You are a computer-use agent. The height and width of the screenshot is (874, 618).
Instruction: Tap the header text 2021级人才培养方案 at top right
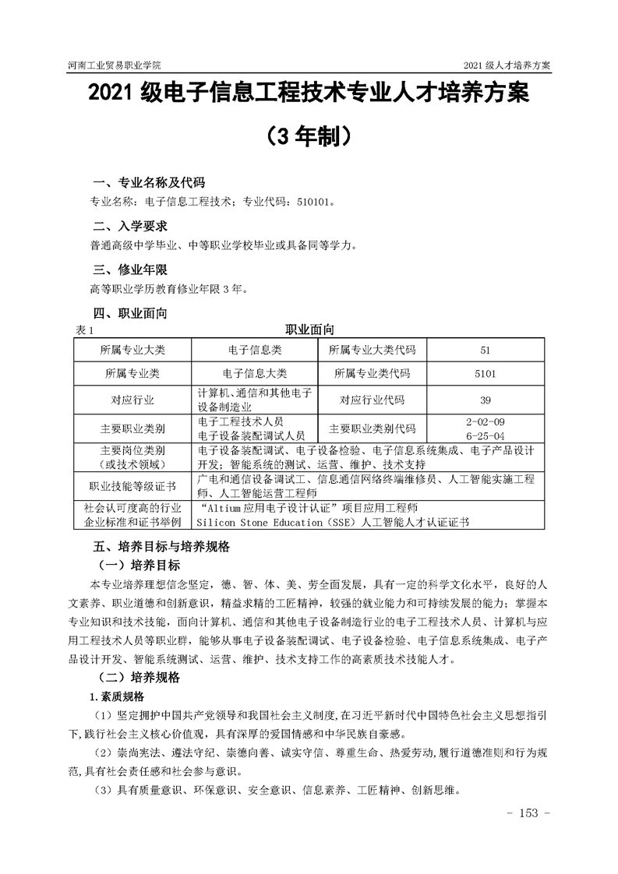click(507, 65)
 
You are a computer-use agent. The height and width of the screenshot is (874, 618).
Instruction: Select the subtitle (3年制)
click(309, 136)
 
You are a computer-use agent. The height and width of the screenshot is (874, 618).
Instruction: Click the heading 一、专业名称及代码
click(149, 183)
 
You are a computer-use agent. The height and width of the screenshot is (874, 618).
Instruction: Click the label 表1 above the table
click(83, 331)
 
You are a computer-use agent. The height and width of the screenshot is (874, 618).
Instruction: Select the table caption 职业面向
click(309, 330)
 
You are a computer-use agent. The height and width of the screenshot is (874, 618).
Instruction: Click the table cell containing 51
click(485, 350)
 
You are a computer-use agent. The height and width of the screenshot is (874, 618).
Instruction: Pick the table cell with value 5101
click(485, 373)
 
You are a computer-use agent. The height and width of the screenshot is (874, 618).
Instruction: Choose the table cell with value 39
click(485, 400)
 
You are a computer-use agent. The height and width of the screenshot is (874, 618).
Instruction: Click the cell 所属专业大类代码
click(373, 350)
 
